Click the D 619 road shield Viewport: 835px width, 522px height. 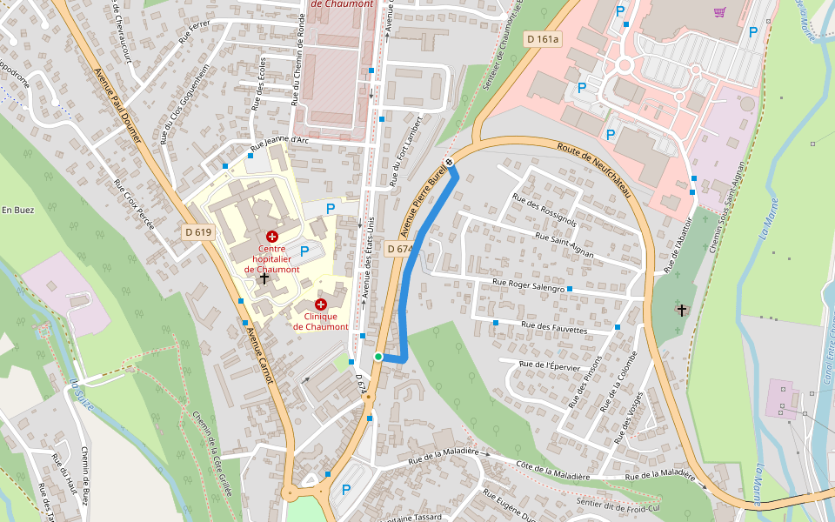[x=198, y=232]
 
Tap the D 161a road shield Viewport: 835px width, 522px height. [x=544, y=39]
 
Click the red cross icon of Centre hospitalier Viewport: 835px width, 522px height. [x=271, y=236]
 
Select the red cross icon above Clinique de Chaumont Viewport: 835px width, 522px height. [x=321, y=304]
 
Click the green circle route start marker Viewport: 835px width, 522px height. [x=378, y=357]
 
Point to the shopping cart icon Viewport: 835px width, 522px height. [x=719, y=12]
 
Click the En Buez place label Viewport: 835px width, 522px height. [x=17, y=210]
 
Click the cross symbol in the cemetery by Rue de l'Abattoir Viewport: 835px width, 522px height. [x=682, y=310]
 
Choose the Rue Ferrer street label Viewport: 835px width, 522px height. [x=195, y=33]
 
